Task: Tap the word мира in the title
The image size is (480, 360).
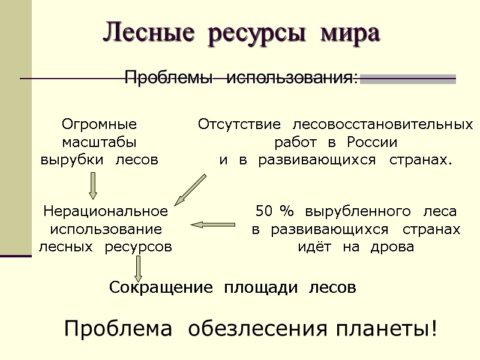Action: [350, 32]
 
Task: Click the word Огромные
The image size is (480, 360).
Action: [100, 125]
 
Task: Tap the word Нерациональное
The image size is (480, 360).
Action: [106, 211]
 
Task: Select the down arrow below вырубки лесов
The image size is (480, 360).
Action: [93, 185]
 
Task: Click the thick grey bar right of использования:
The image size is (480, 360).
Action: [407, 79]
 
